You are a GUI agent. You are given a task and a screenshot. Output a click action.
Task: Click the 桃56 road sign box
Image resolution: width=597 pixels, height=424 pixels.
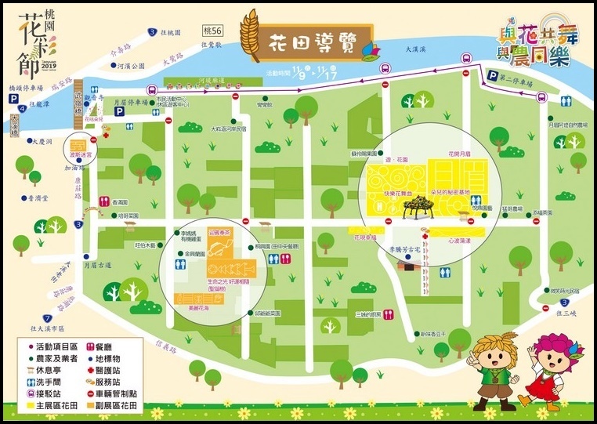tap(212, 31)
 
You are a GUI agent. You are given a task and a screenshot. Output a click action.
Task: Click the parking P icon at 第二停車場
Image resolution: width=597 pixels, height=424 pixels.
tap(492, 76)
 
